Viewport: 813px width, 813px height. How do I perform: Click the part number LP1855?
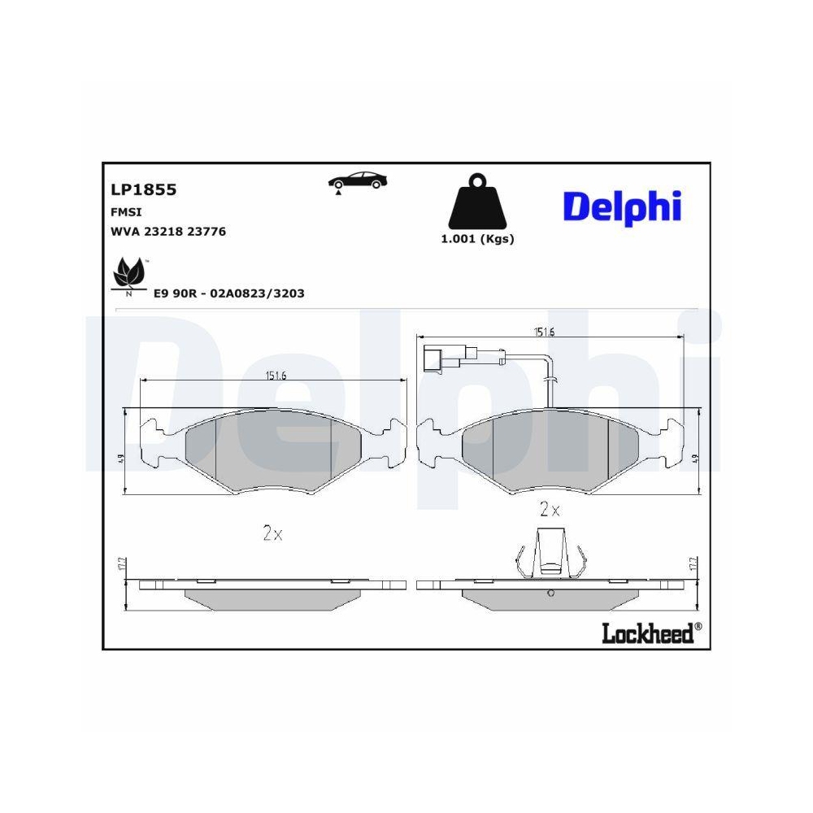pos(143,189)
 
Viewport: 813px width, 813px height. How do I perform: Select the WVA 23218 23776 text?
pos(167,232)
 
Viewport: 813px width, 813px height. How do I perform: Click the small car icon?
pos(357,180)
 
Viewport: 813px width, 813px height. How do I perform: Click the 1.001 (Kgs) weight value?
pos(477,239)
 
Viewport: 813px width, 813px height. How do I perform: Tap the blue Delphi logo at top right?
pos(622,207)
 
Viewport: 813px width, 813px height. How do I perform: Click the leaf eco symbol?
pos(128,274)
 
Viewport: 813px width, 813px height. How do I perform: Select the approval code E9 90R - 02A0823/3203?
pos(228,293)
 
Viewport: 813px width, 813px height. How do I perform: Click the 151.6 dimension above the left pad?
pos(276,375)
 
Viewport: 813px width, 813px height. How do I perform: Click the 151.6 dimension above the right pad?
pos(544,331)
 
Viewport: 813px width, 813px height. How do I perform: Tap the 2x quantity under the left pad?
pos(272,534)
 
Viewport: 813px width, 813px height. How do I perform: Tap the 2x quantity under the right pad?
pos(550,511)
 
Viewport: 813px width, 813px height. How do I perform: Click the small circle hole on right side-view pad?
pos(550,593)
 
